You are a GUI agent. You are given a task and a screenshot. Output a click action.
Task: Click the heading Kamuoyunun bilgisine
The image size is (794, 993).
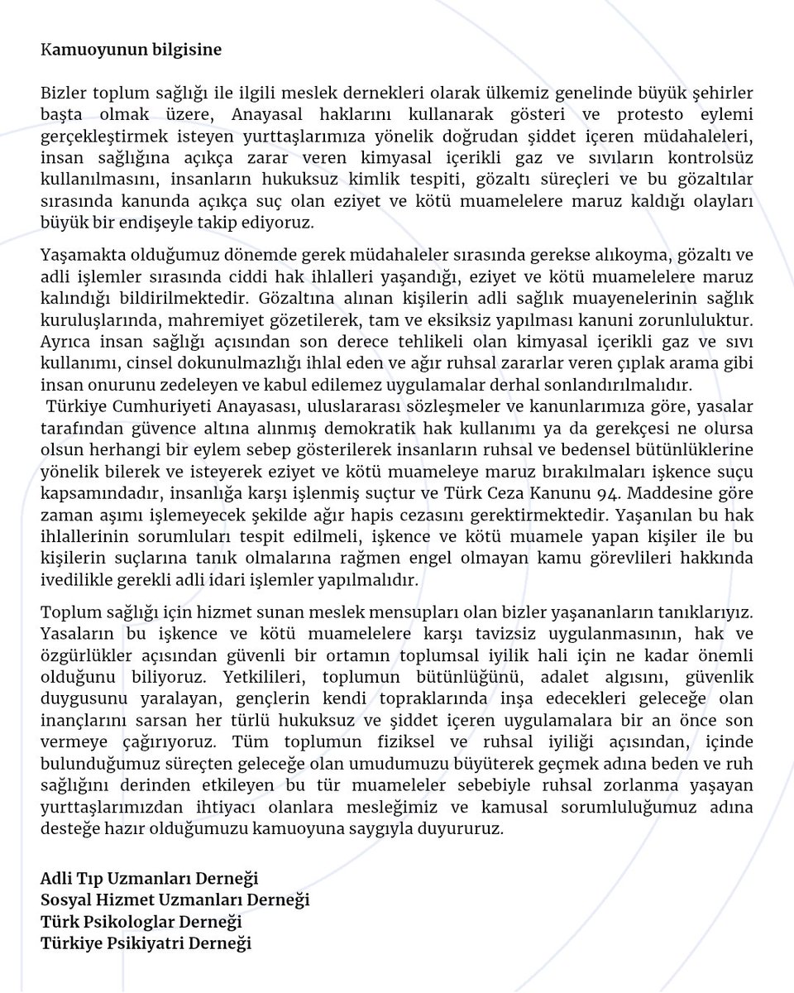(x=132, y=49)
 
